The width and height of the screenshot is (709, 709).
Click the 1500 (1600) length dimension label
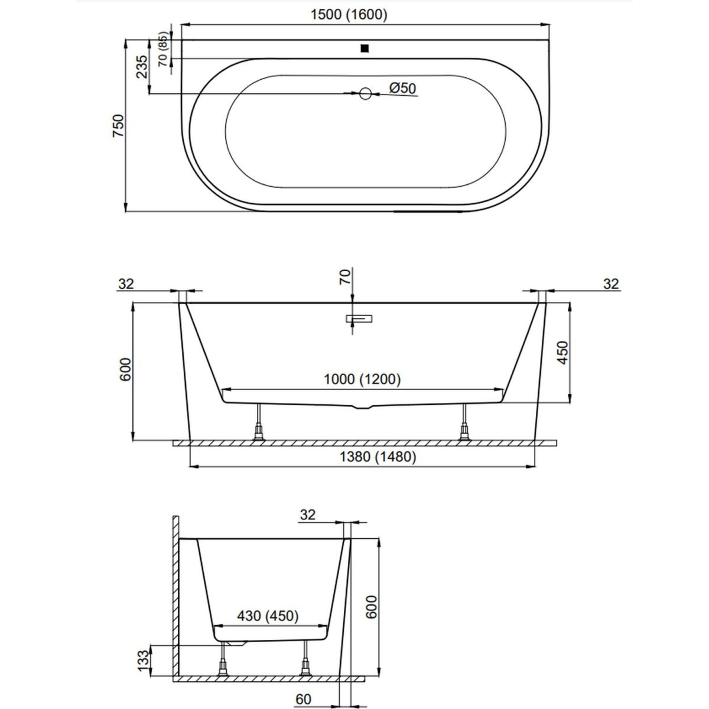click(349, 15)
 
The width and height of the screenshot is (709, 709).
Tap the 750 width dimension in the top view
click(119, 126)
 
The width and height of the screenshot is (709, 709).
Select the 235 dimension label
click(142, 67)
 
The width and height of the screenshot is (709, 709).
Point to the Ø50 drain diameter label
click(402, 88)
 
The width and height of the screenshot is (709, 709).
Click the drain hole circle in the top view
click(365, 93)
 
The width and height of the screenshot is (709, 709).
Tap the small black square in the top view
click(365, 48)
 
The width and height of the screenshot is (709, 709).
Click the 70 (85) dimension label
click(163, 49)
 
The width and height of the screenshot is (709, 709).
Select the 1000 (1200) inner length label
click(362, 379)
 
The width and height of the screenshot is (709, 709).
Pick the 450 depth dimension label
click(562, 353)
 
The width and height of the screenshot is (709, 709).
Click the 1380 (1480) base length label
click(378, 457)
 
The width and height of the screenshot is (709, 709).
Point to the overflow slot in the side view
click(359, 318)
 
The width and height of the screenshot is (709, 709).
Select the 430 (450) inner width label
click(268, 616)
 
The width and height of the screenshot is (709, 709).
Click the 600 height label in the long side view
click(125, 369)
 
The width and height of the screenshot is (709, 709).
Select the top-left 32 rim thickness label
click(126, 284)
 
